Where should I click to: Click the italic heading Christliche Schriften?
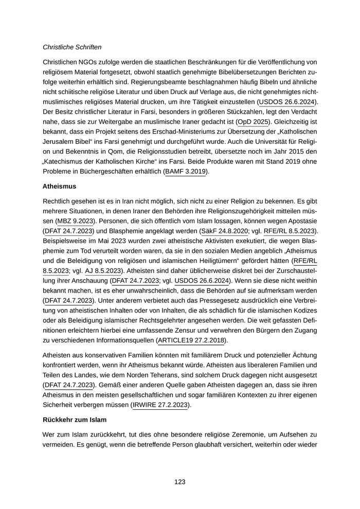[72, 47]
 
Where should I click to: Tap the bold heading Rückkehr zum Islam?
[75, 420]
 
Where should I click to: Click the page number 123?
[179, 482]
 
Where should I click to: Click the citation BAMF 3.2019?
[185, 171]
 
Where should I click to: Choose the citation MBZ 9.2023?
[69, 220]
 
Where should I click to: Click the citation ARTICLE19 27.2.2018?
[191, 340]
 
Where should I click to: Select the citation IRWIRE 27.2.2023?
[161, 405]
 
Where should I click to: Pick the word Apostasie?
[299, 220]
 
